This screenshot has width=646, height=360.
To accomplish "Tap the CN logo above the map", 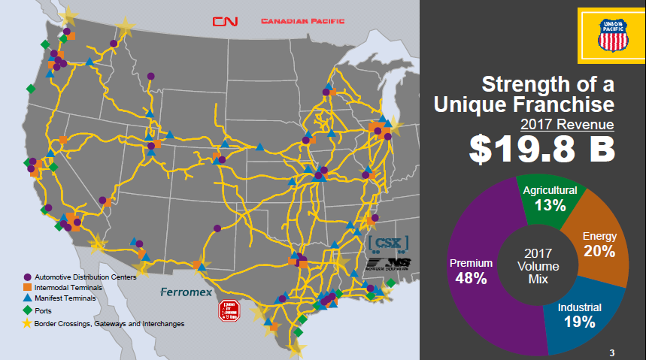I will click(x=224, y=21).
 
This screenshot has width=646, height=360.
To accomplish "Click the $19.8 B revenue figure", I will click(x=541, y=148).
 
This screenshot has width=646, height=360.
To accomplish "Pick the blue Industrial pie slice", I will click(x=580, y=315).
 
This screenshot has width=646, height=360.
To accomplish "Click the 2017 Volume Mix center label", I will click(x=538, y=266).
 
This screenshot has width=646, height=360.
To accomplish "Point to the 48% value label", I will click(x=471, y=277).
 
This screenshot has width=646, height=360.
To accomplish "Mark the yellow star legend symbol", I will click(x=26, y=323).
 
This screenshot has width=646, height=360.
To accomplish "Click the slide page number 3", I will click(x=612, y=353).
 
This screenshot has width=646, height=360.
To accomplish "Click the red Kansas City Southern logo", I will click(x=227, y=310).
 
